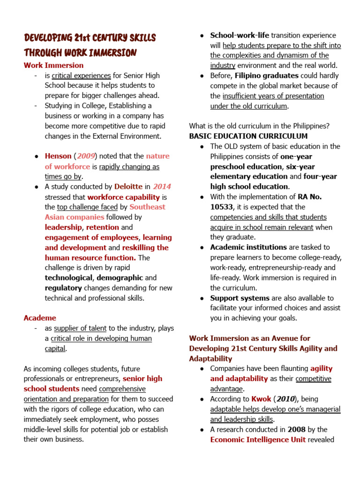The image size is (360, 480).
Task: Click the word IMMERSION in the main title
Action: [x=112, y=52]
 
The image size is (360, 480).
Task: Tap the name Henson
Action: [x=58, y=156]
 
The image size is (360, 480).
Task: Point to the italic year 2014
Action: [x=162, y=187]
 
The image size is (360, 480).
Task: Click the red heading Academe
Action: [x=40, y=318]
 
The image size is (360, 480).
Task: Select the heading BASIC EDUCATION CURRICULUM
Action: [x=248, y=136]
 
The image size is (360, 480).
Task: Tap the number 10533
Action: [x=223, y=207]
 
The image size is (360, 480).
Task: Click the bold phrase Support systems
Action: [x=240, y=298]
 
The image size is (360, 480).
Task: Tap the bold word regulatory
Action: [x=63, y=288]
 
